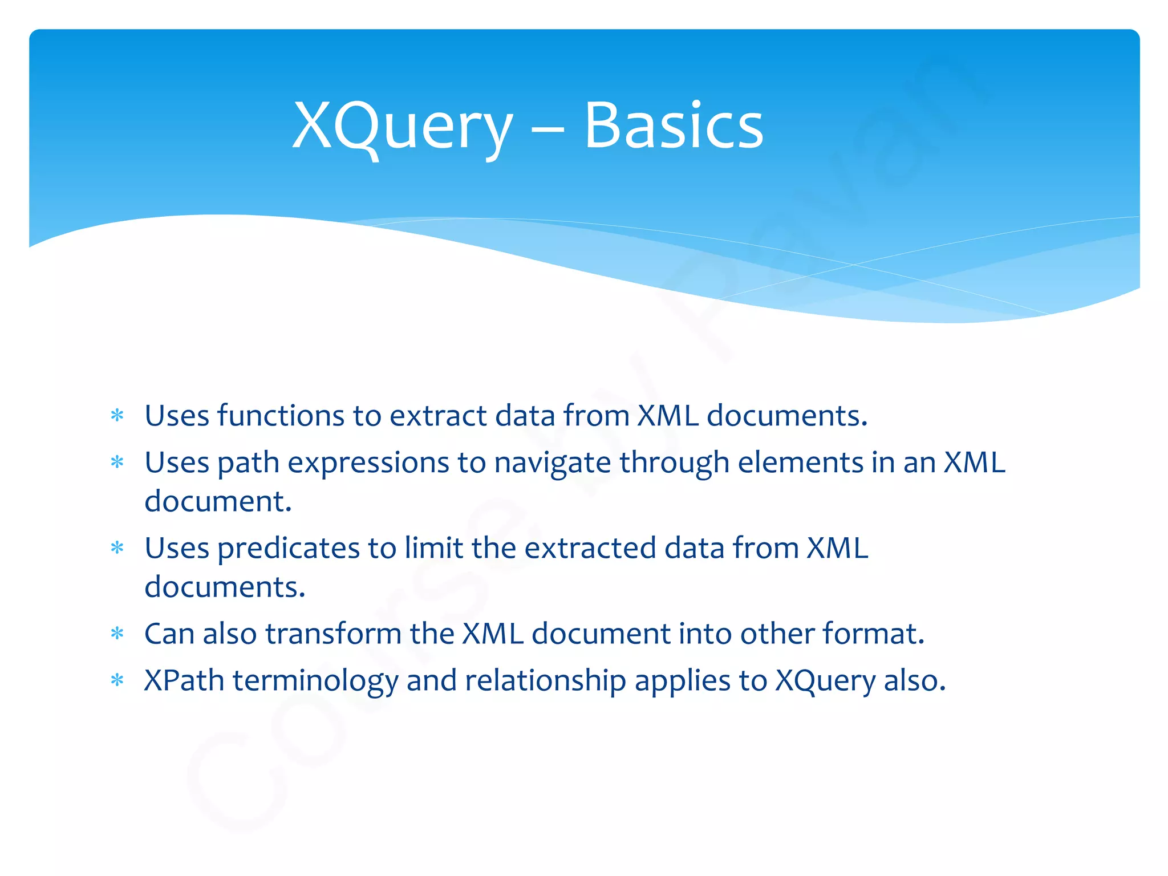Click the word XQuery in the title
[403, 127]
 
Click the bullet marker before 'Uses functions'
[117, 415]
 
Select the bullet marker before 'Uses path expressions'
[117, 462]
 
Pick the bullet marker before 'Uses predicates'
[117, 548]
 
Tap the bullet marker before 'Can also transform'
[117, 634]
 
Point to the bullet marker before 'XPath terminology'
[117, 680]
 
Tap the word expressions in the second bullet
[368, 463]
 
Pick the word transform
[333, 634]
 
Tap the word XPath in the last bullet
[184, 680]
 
